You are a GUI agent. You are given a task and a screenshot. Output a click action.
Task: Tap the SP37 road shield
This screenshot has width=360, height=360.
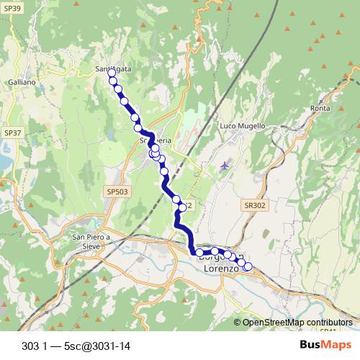point(12,133)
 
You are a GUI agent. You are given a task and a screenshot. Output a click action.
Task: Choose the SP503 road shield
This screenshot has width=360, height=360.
point(115,192)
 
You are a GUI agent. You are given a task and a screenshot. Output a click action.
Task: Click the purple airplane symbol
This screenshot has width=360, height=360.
point(225,166)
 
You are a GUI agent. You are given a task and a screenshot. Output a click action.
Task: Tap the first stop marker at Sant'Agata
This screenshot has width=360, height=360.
point(112,73)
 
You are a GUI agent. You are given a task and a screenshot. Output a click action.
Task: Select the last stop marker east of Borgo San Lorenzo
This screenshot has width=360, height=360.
point(248,267)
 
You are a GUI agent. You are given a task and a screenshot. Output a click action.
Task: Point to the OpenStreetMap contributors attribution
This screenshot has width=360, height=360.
point(297,323)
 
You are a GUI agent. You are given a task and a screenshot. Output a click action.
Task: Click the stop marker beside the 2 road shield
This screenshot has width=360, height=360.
point(182,207)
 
